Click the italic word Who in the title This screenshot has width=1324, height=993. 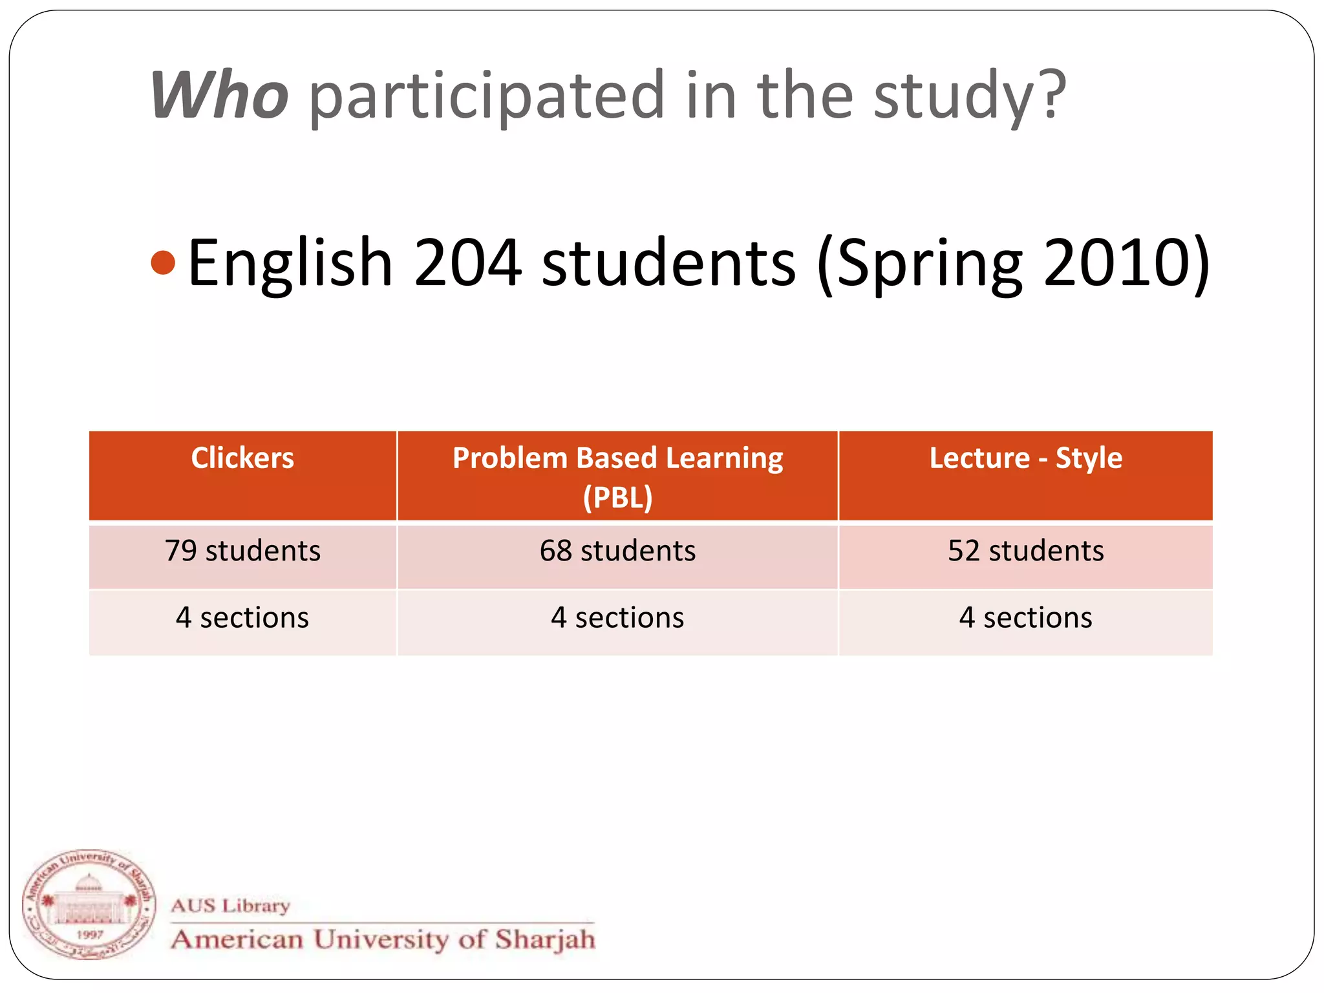(219, 96)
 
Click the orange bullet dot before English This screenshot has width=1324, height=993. (163, 262)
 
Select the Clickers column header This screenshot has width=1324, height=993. (242, 458)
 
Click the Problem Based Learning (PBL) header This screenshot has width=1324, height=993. (617, 476)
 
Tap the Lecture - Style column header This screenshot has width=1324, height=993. (1025, 458)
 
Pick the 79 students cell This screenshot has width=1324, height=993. (242, 551)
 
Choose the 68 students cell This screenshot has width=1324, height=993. (617, 551)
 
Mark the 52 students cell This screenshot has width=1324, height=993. (1025, 551)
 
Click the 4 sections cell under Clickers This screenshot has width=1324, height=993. (242, 618)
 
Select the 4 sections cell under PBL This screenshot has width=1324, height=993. (617, 618)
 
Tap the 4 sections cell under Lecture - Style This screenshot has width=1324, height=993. (1025, 618)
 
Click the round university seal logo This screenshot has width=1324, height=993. (89, 904)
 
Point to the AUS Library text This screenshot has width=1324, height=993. (230, 906)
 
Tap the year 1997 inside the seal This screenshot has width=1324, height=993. (89, 935)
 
